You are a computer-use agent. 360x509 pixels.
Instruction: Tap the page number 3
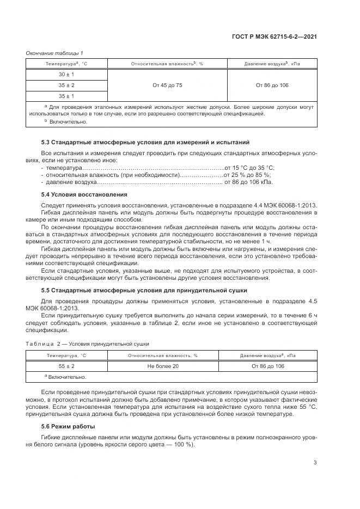click(315, 463)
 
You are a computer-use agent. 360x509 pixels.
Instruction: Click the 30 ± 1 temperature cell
click(66, 75)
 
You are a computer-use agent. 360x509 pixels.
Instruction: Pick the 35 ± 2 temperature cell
click(66, 85)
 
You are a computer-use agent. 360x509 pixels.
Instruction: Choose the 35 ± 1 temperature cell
click(66, 96)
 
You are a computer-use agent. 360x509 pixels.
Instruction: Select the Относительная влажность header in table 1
click(167, 64)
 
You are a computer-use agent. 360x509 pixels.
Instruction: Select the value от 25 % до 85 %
click(247, 175)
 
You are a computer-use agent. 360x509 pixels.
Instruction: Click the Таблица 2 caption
click(88, 344)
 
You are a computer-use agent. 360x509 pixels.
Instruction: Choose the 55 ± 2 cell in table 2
click(66, 366)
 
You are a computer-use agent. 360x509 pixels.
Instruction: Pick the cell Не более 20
click(163, 366)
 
